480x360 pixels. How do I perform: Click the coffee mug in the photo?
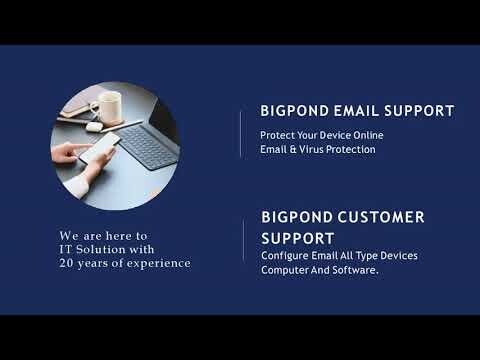point(105,105)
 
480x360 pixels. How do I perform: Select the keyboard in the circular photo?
point(148,146)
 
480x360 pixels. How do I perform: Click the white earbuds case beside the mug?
point(93,127)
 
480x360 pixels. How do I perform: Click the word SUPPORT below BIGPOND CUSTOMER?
point(298,239)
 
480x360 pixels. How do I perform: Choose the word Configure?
point(284,256)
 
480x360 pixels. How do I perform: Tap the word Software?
point(355,271)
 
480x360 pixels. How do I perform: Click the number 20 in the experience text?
point(67,263)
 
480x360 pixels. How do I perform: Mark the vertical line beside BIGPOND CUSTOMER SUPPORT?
point(244,241)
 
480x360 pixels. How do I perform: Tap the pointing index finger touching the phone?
point(75,150)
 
